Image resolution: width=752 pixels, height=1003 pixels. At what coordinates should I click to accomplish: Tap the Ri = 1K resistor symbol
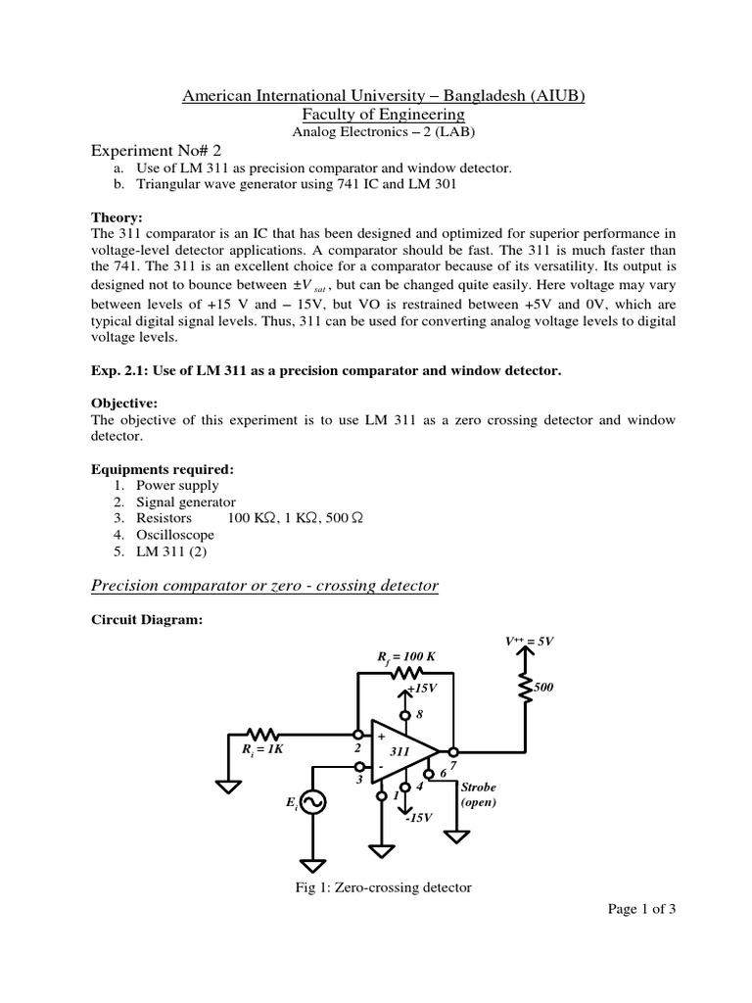265,734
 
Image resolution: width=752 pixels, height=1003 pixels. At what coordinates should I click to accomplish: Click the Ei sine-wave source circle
313,802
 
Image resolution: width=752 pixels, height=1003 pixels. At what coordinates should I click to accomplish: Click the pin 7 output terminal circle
452,751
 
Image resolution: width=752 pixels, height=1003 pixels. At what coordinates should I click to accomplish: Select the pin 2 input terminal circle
359,735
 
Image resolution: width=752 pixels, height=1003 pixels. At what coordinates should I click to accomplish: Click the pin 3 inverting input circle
359,767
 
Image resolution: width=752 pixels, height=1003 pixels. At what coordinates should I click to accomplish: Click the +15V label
422,688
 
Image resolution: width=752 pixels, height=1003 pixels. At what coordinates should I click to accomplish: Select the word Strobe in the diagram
480,786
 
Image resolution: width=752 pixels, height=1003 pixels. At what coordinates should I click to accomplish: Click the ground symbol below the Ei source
313,865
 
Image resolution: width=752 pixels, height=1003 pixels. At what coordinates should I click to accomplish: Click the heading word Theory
117,217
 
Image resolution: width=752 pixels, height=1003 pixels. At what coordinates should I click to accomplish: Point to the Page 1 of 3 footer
641,908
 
